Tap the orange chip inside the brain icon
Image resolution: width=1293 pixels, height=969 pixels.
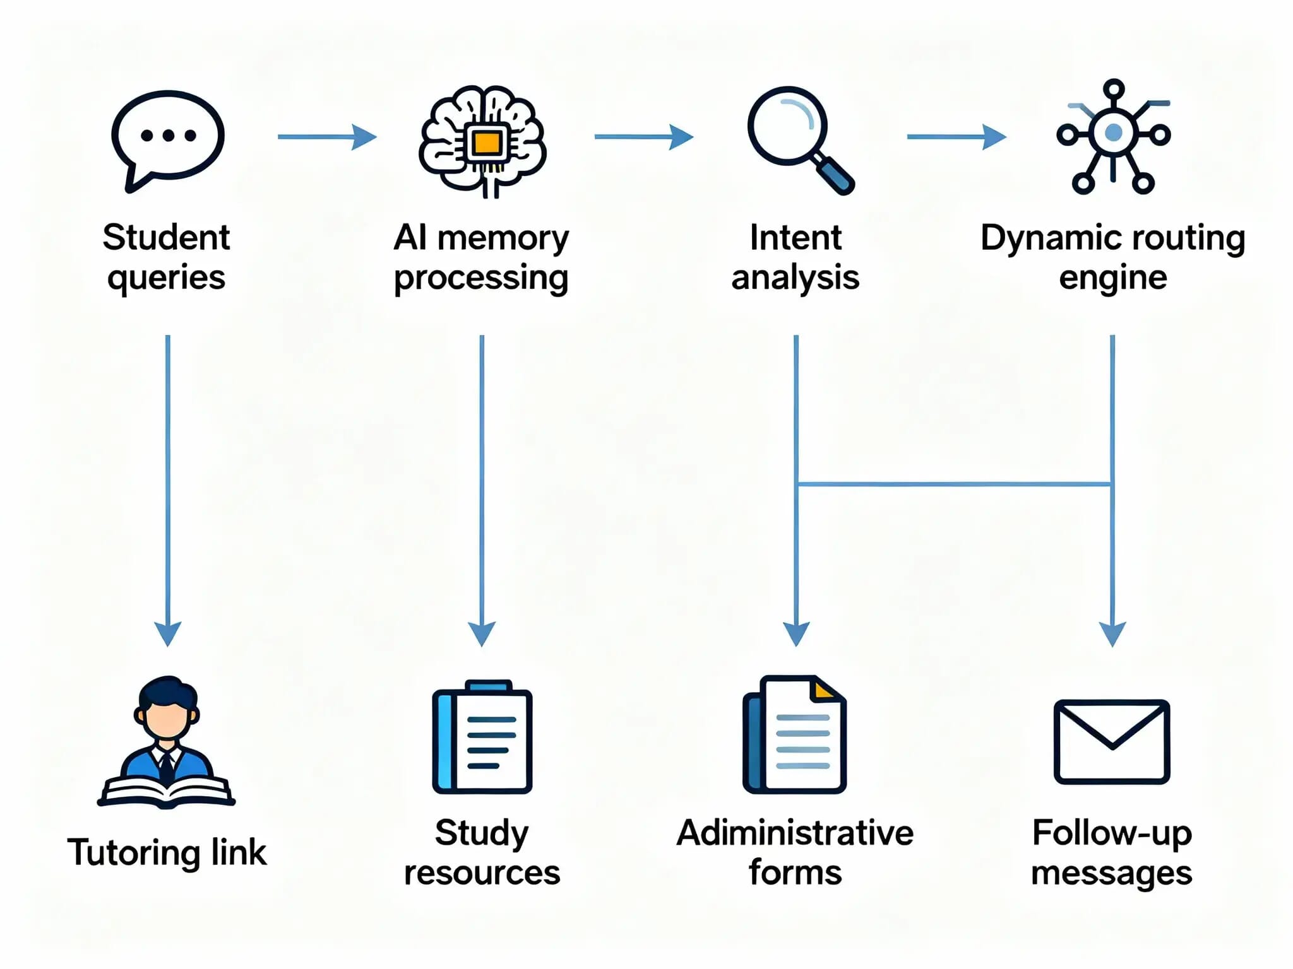point(486,144)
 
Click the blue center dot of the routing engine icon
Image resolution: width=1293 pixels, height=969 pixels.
point(1114,132)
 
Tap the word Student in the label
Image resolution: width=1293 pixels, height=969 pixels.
point(166,238)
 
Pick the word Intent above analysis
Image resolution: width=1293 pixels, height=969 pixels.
point(795,238)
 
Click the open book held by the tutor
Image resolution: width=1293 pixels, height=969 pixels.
point(166,792)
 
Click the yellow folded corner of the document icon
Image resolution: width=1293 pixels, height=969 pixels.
point(824,690)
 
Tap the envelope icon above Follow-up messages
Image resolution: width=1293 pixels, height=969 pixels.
point(1112,741)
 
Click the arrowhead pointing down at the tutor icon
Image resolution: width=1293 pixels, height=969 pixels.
point(168,633)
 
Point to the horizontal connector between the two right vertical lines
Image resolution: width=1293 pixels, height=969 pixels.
point(953,484)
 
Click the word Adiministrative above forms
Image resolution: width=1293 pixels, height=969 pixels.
point(795,833)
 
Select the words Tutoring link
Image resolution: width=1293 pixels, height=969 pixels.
point(167,852)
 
